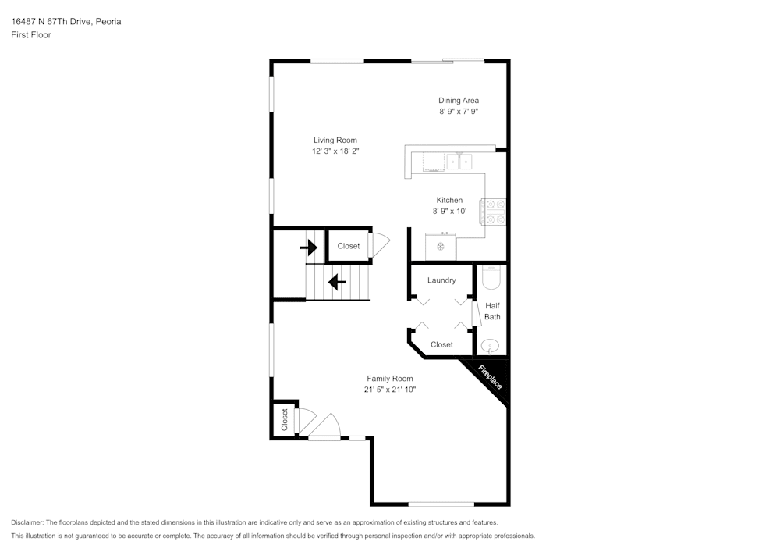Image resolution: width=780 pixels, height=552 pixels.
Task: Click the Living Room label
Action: [335, 141]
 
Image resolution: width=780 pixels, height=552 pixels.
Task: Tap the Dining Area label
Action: [458, 100]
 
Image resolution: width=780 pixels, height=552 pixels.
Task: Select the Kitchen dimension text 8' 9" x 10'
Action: [449, 212]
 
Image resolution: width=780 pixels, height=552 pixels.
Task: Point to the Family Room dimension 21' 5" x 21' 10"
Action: [390, 390]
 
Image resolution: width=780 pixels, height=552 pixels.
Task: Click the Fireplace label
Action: [490, 379]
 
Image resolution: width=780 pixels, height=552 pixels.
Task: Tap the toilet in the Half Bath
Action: [491, 278]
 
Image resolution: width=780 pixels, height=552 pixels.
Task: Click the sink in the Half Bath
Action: [491, 345]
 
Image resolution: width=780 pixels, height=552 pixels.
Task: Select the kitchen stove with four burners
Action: [493, 212]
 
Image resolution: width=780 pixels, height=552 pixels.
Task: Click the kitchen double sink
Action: [459, 162]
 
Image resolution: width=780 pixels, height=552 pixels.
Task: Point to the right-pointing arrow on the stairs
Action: [309, 248]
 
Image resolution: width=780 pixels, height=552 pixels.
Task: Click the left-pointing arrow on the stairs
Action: [337, 281]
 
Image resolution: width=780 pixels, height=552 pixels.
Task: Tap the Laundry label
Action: [441, 280]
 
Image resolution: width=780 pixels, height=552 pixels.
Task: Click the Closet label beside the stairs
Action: [349, 246]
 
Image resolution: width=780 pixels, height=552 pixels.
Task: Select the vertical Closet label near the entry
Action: [285, 419]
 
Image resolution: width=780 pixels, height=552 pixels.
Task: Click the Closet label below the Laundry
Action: [441, 344]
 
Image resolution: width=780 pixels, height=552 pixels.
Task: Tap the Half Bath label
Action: [492, 312]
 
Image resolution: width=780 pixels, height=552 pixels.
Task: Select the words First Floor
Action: [31, 35]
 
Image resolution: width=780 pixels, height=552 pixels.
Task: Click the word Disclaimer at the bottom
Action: [27, 522]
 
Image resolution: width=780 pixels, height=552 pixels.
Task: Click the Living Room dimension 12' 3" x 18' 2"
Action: [335, 151]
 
